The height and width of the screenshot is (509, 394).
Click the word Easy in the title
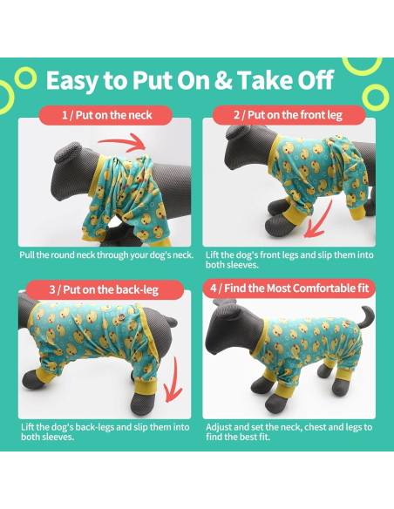(74, 80)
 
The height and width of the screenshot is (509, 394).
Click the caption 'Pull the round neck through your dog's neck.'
(105, 256)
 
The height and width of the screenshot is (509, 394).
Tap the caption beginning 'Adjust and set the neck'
(289, 433)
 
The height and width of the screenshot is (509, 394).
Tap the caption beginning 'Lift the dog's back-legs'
(105, 433)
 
